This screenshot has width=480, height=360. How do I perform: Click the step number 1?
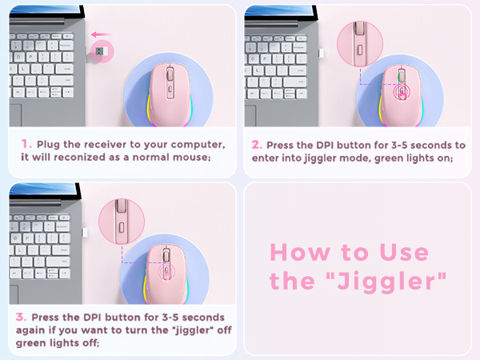tap(26, 145)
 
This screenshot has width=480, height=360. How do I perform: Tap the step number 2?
tap(257, 145)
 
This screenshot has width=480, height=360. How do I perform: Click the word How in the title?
tap(295, 253)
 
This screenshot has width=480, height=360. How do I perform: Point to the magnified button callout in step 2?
tap(357, 42)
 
